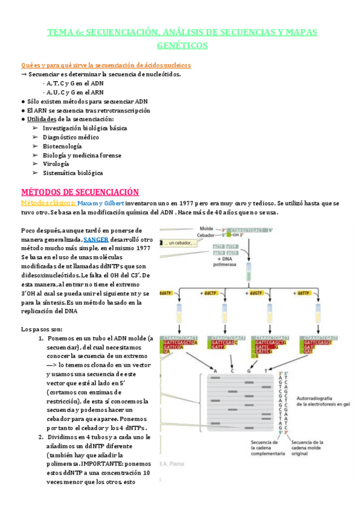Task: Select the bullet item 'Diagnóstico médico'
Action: [x=70, y=137]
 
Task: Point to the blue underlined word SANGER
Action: [x=96, y=239]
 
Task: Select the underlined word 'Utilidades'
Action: [x=44, y=119]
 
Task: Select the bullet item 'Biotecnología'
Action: [x=63, y=146]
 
